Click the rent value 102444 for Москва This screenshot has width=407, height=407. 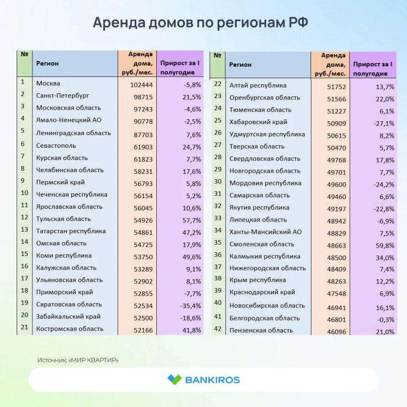pos(141,85)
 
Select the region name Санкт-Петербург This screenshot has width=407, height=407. pos(63,95)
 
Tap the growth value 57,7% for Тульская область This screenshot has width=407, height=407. pos(191,220)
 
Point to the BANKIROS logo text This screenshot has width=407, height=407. pos(213,380)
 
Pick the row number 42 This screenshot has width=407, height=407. pos(217,329)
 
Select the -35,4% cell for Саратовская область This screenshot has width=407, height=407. pos(191,306)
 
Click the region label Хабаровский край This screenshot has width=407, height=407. pos(258,122)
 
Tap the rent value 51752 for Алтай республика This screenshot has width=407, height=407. pos(337,87)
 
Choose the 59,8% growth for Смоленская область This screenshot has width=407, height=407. pos(385,245)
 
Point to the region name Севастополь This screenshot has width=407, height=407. pos(56,146)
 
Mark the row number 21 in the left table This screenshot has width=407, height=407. pos(24,327)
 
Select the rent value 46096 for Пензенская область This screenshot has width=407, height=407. pos(337,332)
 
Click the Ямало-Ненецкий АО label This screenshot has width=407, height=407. pos(69,120)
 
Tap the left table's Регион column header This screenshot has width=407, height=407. pos(47,64)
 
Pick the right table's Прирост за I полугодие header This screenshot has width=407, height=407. pos(373,69)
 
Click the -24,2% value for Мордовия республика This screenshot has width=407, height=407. pos(384,184)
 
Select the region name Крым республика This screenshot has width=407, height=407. pos(258,280)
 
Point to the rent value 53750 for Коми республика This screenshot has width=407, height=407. pos(143,257)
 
